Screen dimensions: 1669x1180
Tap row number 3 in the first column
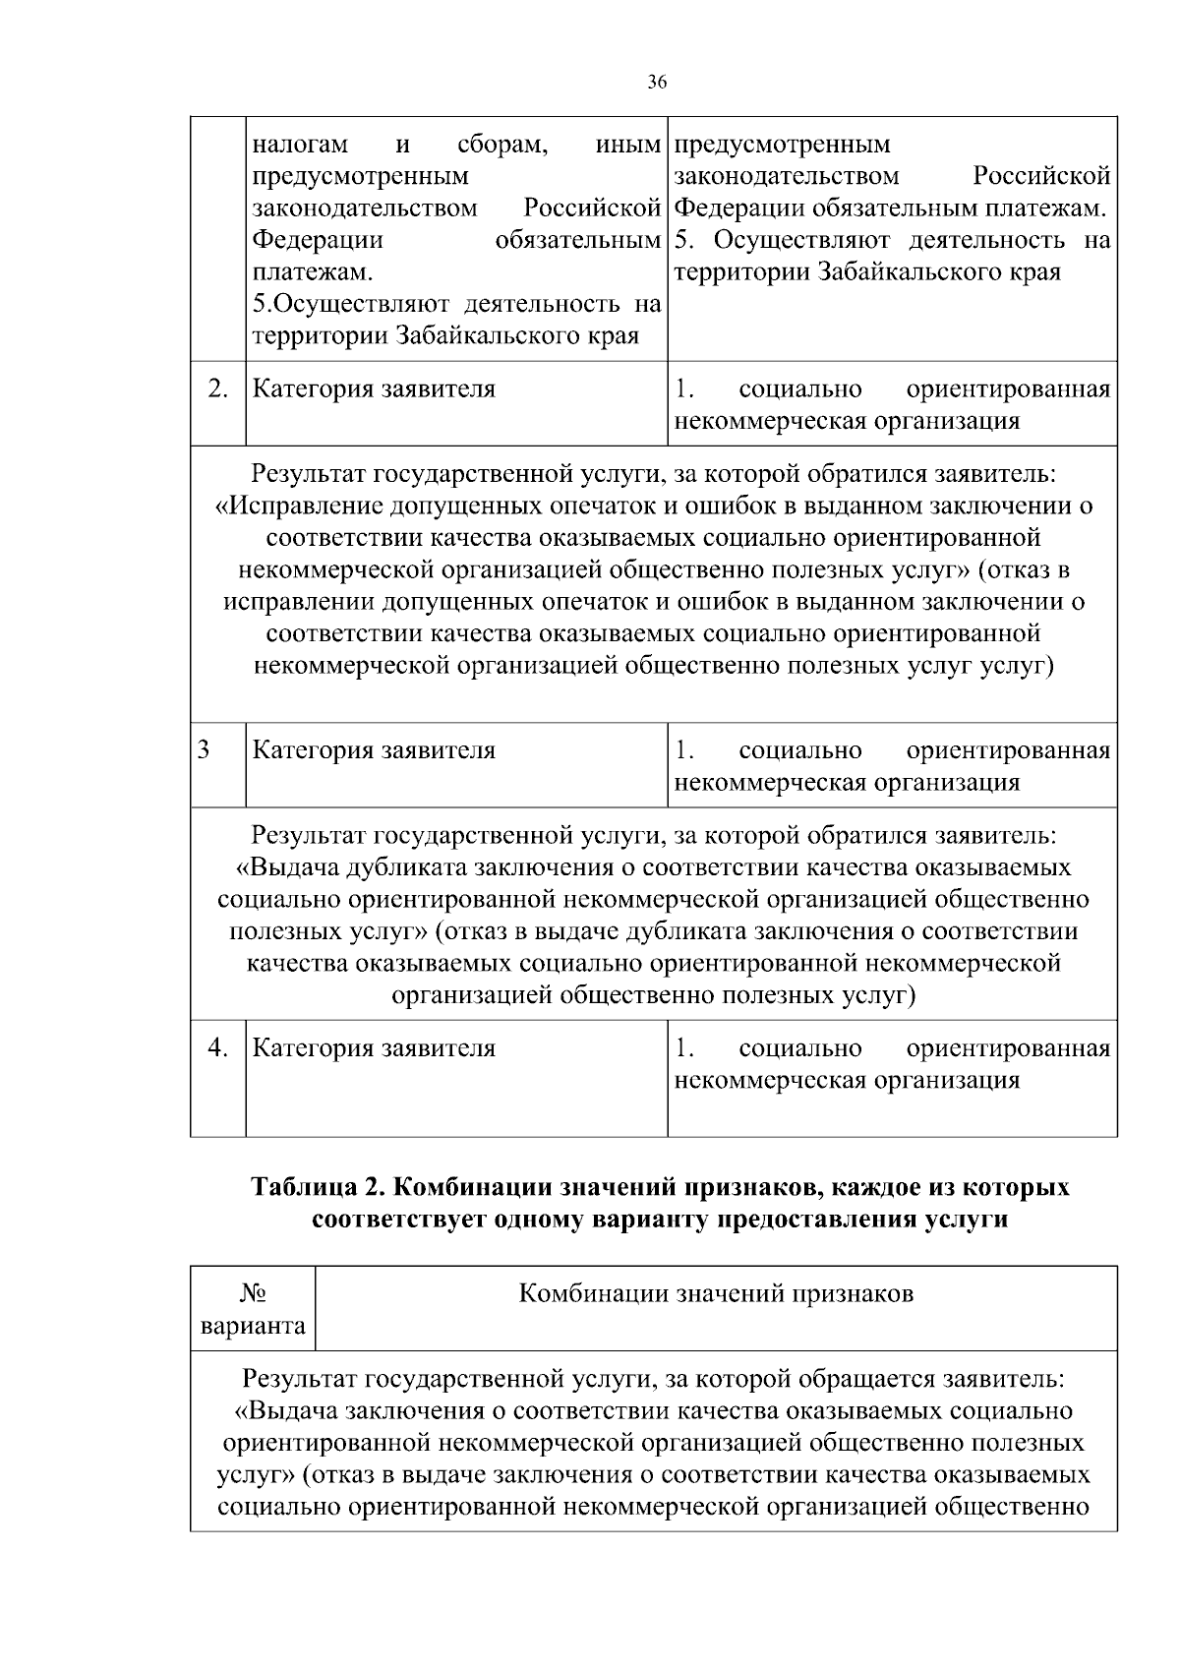point(204,749)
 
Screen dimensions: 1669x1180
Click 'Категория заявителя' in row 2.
point(374,388)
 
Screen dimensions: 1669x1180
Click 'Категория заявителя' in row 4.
point(374,1047)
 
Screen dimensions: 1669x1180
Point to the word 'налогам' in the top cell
point(300,145)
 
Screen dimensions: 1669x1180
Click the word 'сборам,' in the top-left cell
point(502,145)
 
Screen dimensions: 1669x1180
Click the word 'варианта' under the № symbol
point(253,1326)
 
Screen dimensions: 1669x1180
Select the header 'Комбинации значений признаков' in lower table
point(716,1293)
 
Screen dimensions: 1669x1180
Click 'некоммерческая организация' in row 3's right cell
point(847,782)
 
